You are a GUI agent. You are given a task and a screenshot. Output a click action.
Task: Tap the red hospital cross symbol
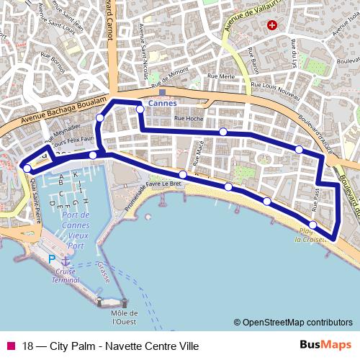271,25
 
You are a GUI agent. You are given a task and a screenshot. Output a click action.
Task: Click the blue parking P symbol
51,259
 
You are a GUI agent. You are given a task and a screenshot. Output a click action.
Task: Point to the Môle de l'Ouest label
125,318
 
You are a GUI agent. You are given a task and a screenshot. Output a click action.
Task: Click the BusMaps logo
325,345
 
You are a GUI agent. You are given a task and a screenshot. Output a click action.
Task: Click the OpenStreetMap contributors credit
293,323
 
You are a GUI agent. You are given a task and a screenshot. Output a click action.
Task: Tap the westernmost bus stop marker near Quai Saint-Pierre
27,168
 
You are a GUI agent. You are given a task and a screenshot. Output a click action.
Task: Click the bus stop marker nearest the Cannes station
140,109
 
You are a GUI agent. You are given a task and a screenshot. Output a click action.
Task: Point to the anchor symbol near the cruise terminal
66,261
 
